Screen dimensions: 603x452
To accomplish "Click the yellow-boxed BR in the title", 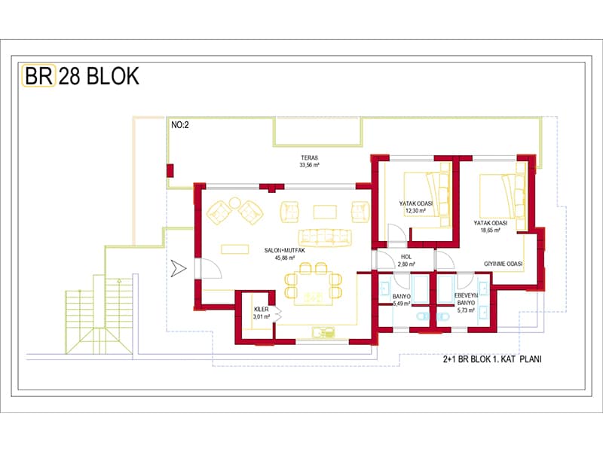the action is coord(39,76).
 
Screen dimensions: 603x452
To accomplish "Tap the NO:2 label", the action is coord(180,125).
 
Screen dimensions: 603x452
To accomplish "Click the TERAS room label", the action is coord(310,157).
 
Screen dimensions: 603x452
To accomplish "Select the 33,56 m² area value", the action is coord(310,165).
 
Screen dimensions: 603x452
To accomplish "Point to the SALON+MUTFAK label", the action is coord(285,250).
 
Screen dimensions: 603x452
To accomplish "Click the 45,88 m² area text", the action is coord(285,258).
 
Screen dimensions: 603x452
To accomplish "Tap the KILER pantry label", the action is coord(262,309).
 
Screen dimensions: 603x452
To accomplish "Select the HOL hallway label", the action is coord(406,257).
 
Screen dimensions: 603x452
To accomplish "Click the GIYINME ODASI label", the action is coord(503,264).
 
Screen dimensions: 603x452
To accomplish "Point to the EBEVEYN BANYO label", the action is coord(466,299).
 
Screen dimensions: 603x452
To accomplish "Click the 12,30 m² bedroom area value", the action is coord(416,211).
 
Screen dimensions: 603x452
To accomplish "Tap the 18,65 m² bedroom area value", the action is coord(491,231).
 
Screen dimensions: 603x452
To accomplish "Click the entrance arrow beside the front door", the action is coord(179,268).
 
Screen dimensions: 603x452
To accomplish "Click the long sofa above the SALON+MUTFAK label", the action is coord(325,238).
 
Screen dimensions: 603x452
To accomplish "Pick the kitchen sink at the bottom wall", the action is coord(323,332).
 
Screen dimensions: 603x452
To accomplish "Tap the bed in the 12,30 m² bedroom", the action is coord(427,200).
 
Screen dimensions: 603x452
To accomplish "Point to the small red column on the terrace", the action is coord(170,171).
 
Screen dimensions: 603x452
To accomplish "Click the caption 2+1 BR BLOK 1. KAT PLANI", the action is coord(492,359).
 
